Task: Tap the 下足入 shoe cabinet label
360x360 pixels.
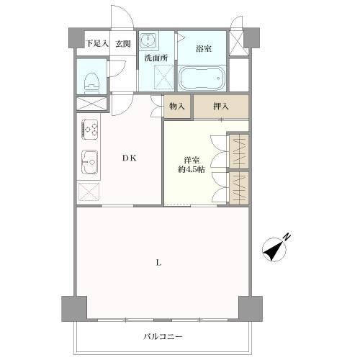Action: point(97,43)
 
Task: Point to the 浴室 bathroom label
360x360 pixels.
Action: point(204,49)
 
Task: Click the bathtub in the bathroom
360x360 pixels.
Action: point(203,78)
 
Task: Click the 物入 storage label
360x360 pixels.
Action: point(177,107)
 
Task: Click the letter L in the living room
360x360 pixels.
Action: point(159,262)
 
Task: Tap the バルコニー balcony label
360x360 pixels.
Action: point(163,336)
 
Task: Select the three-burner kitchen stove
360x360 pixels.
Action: point(91,129)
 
